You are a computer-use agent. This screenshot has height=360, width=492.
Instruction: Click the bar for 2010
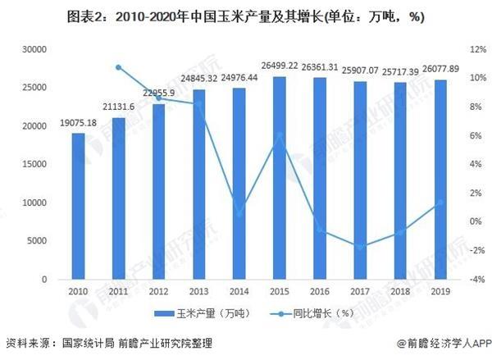click(x=78, y=206)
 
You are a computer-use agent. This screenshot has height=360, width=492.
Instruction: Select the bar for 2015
click(x=279, y=178)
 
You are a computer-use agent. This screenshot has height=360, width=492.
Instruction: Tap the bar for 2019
click(x=440, y=180)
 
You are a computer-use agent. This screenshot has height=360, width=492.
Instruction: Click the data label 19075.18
click(x=78, y=124)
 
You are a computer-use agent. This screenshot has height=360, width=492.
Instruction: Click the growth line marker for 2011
click(x=118, y=67)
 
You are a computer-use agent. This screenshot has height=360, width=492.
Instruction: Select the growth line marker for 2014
click(x=239, y=214)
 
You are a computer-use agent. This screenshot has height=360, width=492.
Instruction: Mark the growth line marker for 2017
click(x=359, y=246)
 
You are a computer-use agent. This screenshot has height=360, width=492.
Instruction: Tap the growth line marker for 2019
click(x=440, y=202)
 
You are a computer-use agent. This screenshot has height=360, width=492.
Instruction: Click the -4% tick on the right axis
click(x=467, y=280)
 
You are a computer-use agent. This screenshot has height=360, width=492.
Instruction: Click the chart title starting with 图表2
click(x=246, y=16)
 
